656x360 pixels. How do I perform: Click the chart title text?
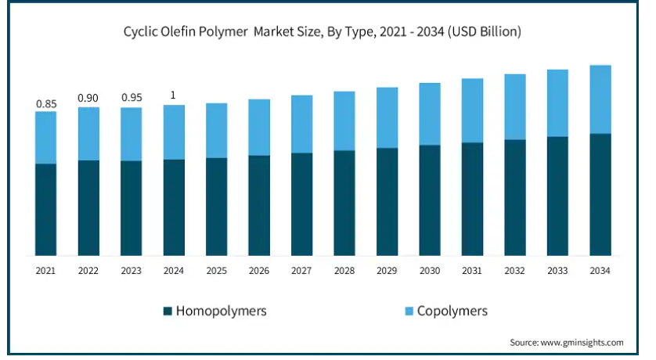click(x=323, y=33)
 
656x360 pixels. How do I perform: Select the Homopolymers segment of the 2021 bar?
click(x=45, y=209)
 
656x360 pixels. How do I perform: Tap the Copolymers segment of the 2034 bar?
click(x=600, y=99)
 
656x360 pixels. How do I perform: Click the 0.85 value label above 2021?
click(x=45, y=103)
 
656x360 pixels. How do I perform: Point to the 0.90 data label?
click(x=88, y=98)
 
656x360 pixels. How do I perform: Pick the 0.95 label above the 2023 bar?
click(x=131, y=98)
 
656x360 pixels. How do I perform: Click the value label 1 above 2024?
click(x=173, y=95)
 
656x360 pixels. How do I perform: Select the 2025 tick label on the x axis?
click(x=216, y=270)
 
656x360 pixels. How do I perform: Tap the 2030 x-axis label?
click(x=430, y=270)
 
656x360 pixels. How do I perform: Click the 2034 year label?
click(x=600, y=270)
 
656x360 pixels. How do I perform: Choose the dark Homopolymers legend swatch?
click(x=168, y=311)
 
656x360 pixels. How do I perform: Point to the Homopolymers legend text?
click(x=221, y=311)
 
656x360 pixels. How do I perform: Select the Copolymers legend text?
click(x=452, y=311)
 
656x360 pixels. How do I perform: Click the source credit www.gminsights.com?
click(x=566, y=343)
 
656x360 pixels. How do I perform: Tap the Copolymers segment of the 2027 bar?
click(x=301, y=124)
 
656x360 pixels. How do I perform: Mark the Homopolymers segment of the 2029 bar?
click(x=387, y=201)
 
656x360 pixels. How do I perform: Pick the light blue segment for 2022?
click(x=88, y=133)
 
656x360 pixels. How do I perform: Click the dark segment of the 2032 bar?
click(x=514, y=197)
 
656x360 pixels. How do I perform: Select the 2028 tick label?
click(x=344, y=270)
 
